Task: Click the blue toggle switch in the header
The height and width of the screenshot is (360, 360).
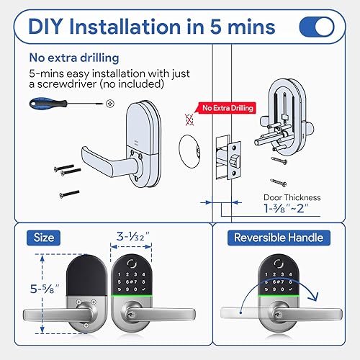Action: click(316, 26)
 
